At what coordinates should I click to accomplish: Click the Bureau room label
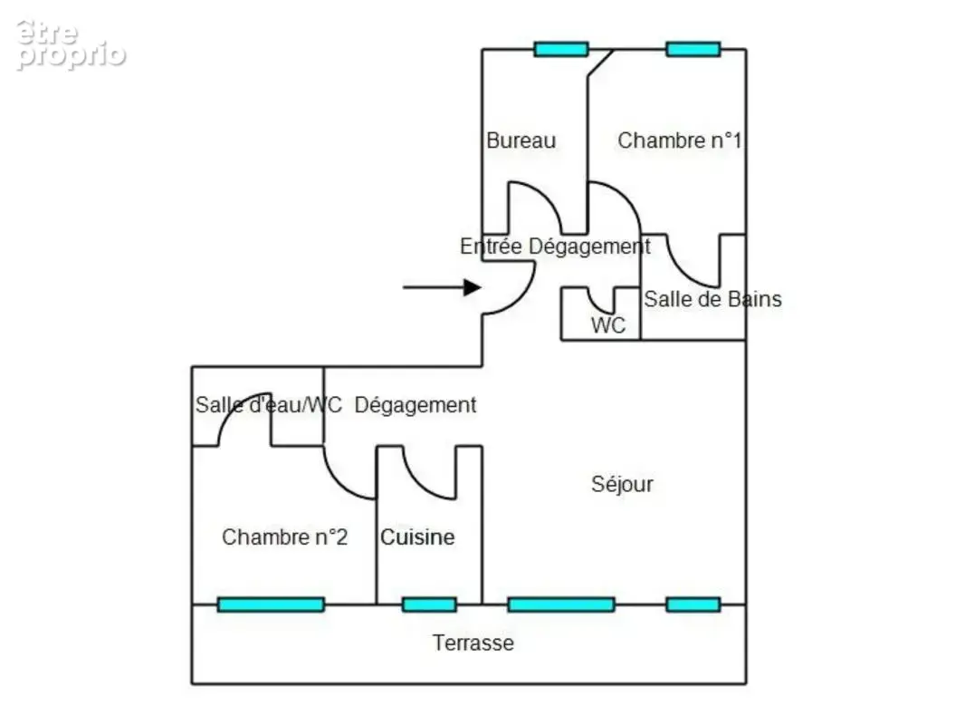tap(521, 140)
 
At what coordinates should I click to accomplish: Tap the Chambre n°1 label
tap(680, 140)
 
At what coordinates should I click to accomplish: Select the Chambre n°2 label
tap(285, 537)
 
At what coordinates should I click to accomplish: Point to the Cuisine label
tap(417, 537)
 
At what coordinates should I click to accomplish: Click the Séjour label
tap(622, 484)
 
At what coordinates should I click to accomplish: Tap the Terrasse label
tap(473, 643)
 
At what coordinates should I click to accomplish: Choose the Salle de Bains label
tap(712, 299)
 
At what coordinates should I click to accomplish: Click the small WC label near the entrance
tap(608, 325)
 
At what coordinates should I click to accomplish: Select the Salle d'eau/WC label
tap(268, 405)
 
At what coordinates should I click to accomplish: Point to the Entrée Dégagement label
tap(555, 246)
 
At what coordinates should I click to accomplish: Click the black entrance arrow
tap(442, 287)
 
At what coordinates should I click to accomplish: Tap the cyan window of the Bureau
tap(561, 49)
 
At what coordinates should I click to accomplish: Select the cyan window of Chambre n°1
tap(693, 49)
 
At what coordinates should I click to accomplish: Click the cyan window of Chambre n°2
tap(271, 604)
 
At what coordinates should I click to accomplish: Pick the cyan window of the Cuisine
tap(430, 604)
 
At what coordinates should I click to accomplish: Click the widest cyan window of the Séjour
tap(561, 604)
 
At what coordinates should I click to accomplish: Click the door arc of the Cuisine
tap(418, 484)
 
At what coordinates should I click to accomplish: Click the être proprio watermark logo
tap(71, 44)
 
